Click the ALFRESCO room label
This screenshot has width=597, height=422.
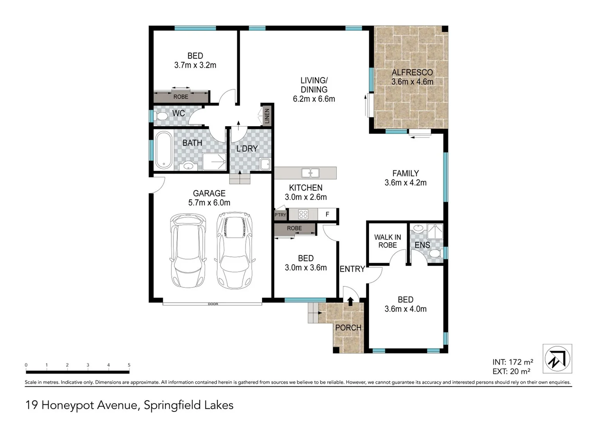(412, 72)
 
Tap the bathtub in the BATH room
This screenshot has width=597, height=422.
(163, 150)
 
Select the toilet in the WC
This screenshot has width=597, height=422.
(161, 116)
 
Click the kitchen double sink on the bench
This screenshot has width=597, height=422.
(310, 172)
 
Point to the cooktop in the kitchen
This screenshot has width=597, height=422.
(303, 214)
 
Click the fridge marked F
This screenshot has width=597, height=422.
(327, 215)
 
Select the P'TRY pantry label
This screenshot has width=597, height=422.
(280, 215)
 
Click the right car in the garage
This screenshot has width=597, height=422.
(235, 250)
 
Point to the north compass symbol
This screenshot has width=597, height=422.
(557, 358)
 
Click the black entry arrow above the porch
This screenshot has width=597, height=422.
(350, 301)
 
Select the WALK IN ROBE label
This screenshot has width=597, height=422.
(387, 241)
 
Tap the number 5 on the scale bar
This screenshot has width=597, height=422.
(129, 365)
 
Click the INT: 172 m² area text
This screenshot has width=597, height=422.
(513, 362)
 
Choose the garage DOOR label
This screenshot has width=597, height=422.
(213, 304)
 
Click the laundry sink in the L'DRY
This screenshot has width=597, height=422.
(265, 164)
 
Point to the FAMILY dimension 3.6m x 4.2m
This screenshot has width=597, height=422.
(405, 182)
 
